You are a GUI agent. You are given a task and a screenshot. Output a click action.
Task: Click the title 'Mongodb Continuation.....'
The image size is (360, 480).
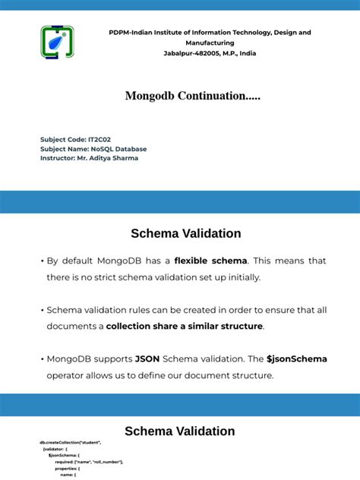tap(192, 96)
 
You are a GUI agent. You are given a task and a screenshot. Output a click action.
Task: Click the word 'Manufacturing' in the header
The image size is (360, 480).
tap(210, 43)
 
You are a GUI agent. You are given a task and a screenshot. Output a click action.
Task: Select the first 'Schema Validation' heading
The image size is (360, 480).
tap(186, 234)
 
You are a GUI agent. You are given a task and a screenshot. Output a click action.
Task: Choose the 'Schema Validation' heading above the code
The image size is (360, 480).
tap(180, 431)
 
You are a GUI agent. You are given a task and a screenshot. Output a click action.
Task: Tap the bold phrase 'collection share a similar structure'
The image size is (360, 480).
tap(185, 326)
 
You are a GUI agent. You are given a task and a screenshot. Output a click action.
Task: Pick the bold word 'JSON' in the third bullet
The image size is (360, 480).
tap(147, 358)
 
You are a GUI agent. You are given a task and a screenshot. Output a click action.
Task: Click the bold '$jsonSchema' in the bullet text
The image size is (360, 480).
tap(297, 358)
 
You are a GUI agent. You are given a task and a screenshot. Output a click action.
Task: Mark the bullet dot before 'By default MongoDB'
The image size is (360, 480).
tap(41, 261)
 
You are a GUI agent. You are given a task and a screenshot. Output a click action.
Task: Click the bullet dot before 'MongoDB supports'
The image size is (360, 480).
tap(41, 359)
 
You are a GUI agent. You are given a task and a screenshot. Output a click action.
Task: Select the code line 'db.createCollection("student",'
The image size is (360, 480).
tap(71, 442)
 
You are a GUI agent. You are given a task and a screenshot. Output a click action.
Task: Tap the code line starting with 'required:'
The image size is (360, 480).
tap(89, 461)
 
